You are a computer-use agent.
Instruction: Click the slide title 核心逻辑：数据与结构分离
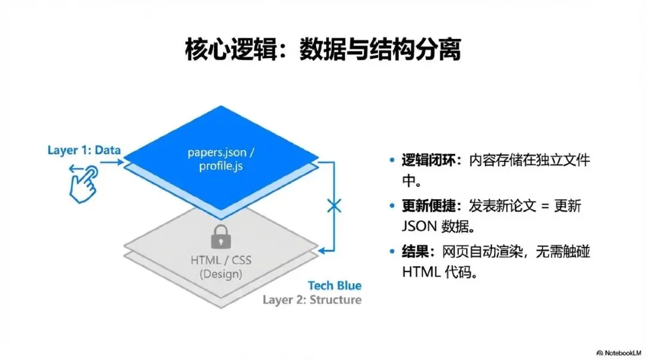coord(323,50)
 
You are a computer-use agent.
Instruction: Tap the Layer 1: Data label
coord(84,150)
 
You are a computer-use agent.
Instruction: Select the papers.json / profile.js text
coord(222,158)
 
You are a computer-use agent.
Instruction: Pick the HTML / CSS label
coord(221,261)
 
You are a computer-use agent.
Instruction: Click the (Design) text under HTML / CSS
coord(221,274)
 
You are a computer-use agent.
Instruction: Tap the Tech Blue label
coord(334,286)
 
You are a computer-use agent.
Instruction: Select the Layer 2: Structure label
coord(312,300)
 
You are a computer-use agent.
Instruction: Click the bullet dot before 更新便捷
coord(392,206)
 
